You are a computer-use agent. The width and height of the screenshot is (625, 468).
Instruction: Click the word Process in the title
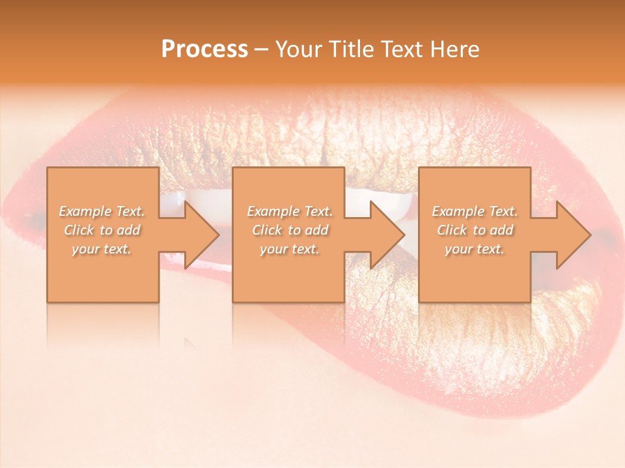[204, 49]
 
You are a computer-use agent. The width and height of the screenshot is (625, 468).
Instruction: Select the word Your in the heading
[298, 49]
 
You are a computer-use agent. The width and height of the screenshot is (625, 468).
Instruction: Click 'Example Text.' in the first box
[102, 211]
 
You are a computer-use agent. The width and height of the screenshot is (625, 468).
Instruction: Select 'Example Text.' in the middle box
[290, 211]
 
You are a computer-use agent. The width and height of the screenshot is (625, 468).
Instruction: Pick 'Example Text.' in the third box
[475, 211]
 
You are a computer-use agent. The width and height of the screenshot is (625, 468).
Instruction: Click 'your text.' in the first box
[102, 249]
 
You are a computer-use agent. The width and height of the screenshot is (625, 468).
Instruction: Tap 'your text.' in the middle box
[290, 249]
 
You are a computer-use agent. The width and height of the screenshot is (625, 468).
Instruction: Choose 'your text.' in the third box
[475, 249]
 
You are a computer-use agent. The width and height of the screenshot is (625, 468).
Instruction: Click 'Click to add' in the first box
[102, 230]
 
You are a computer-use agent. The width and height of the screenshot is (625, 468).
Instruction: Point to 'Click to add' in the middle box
[290, 230]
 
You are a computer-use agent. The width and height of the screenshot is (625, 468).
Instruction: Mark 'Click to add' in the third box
[475, 230]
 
